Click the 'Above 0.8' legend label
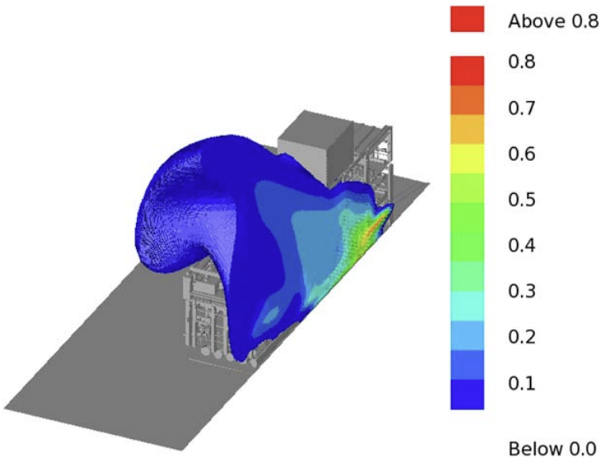(553, 21)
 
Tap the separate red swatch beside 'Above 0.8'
(467, 19)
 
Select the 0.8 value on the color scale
(522, 62)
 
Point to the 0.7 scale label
(522, 107)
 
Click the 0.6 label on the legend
(522, 154)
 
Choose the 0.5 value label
(522, 199)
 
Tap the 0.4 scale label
(522, 245)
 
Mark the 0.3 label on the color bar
(522, 291)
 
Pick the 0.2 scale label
(522, 337)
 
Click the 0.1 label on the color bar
(522, 384)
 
